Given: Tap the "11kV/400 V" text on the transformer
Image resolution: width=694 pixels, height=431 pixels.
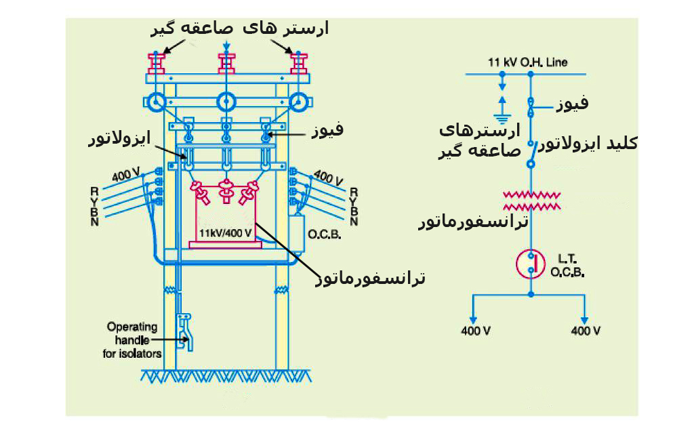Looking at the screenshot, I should point(225,232).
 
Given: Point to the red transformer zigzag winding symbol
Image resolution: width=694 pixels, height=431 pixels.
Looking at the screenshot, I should point(532,200).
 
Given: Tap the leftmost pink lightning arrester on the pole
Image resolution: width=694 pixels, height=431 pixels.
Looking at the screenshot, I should point(157,62).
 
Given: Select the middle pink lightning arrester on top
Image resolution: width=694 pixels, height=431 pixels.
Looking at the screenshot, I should point(226,62).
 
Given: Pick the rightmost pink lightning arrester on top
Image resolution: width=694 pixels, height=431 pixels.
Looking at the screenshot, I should point(298,62).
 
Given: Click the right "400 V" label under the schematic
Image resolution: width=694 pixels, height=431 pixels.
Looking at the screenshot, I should point(586,331).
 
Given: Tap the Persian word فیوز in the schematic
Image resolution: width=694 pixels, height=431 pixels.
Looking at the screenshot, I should point(572,104).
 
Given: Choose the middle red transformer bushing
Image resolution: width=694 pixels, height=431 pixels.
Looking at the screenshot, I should point(226,194).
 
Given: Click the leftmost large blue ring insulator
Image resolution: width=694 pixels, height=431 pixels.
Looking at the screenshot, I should point(157,102).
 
